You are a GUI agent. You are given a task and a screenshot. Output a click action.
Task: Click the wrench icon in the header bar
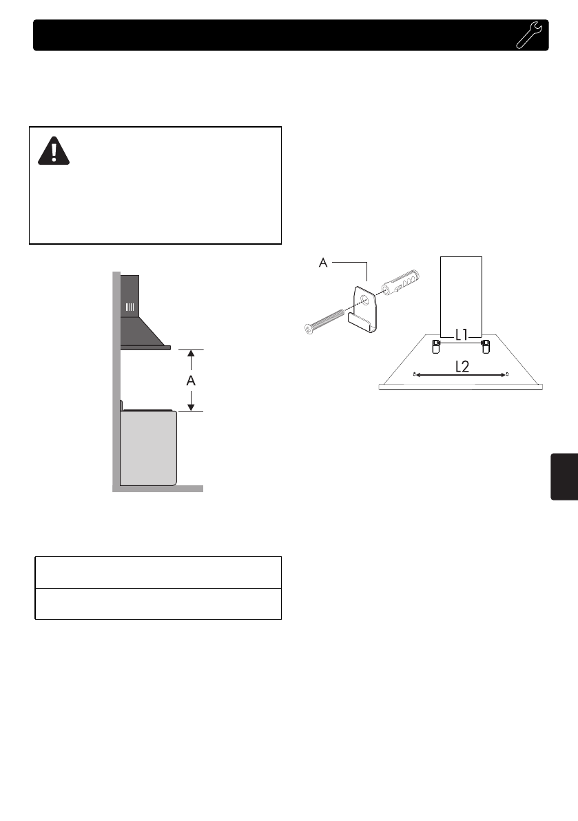[x=529, y=35]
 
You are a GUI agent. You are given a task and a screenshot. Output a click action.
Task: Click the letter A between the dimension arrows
[x=192, y=380]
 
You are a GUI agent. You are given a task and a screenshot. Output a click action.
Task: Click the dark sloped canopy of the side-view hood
[x=143, y=332]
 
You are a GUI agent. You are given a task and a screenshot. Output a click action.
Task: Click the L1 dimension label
[x=462, y=335]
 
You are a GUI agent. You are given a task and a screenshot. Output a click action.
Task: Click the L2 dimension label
[x=462, y=367]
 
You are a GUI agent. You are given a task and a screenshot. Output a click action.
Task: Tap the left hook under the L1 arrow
[x=436, y=345]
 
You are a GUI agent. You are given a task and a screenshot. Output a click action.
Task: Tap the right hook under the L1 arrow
[x=486, y=345]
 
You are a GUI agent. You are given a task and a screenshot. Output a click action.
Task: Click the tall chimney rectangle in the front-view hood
[x=461, y=293]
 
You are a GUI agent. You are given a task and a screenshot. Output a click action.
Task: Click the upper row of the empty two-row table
[x=158, y=572]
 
